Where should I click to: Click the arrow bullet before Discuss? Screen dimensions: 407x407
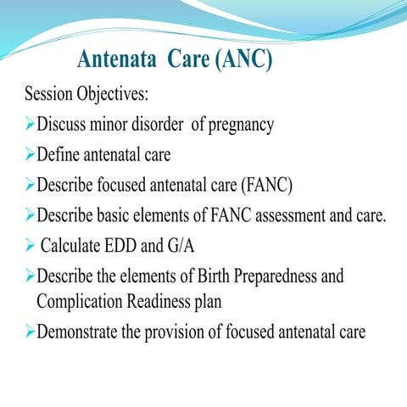click(29, 125)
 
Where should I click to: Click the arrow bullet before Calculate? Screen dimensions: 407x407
click(29, 246)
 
